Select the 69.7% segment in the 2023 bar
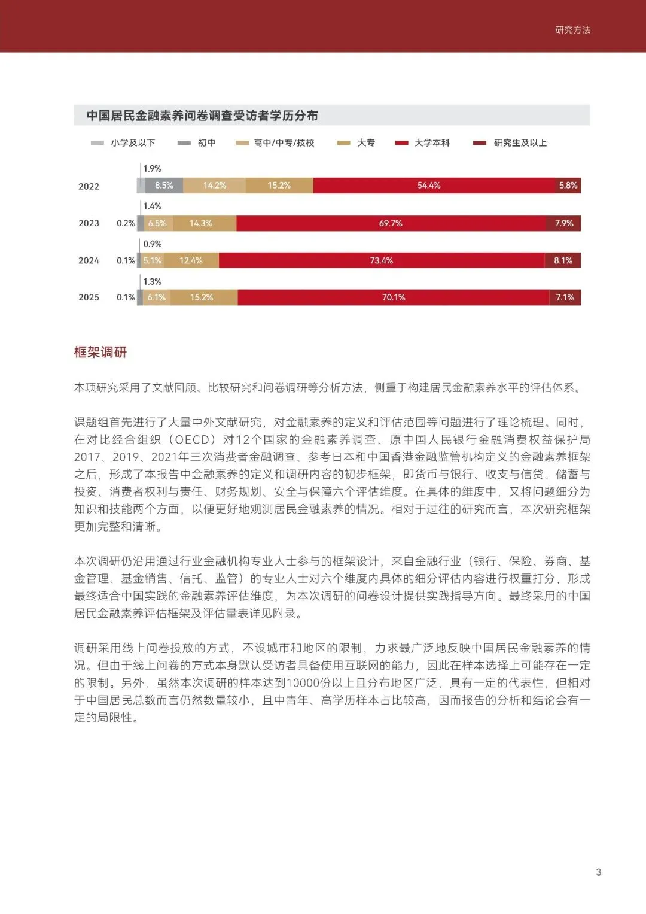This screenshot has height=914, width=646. point(391,223)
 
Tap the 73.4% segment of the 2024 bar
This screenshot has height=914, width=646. point(382,260)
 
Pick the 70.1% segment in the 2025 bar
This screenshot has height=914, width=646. point(394,297)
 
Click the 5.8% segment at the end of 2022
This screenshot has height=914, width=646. point(568,186)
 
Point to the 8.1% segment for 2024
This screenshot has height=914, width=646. point(563,260)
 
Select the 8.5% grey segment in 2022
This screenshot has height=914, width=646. point(164,186)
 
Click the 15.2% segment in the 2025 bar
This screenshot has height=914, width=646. point(202,297)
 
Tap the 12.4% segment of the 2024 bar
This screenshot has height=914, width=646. point(191,260)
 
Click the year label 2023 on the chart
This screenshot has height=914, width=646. point(89,223)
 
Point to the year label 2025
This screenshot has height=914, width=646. point(89,297)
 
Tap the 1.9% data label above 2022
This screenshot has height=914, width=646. point(152,169)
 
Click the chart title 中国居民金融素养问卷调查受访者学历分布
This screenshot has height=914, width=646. point(202,116)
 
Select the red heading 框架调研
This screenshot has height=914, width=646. point(100,352)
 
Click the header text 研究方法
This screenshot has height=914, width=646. point(572,30)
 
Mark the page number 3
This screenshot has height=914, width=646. point(598,872)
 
